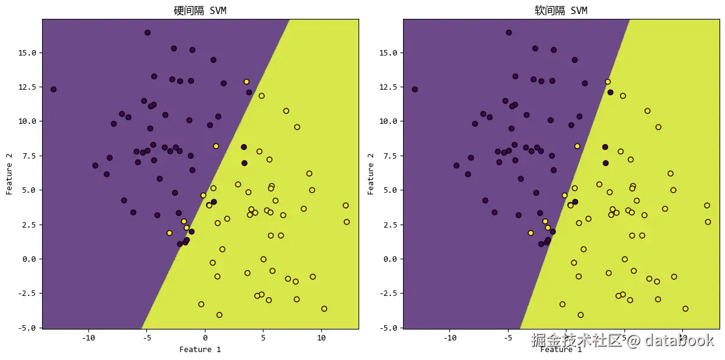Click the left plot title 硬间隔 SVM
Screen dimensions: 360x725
200,10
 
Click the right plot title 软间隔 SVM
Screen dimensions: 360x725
561,10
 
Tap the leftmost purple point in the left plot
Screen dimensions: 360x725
54,89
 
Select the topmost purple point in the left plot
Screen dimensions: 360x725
148,32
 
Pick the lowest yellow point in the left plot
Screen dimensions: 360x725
220,315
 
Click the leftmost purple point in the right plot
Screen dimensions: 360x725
415,89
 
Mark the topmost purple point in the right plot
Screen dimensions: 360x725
509,32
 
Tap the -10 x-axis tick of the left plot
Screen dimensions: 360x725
89,337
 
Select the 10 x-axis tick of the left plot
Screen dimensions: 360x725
321,337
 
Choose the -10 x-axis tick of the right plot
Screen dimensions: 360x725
450,337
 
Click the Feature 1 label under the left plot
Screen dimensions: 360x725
200,350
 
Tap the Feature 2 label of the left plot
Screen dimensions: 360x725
9,174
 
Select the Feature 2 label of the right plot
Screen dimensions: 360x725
371,174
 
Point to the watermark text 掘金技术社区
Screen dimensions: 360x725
577,340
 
